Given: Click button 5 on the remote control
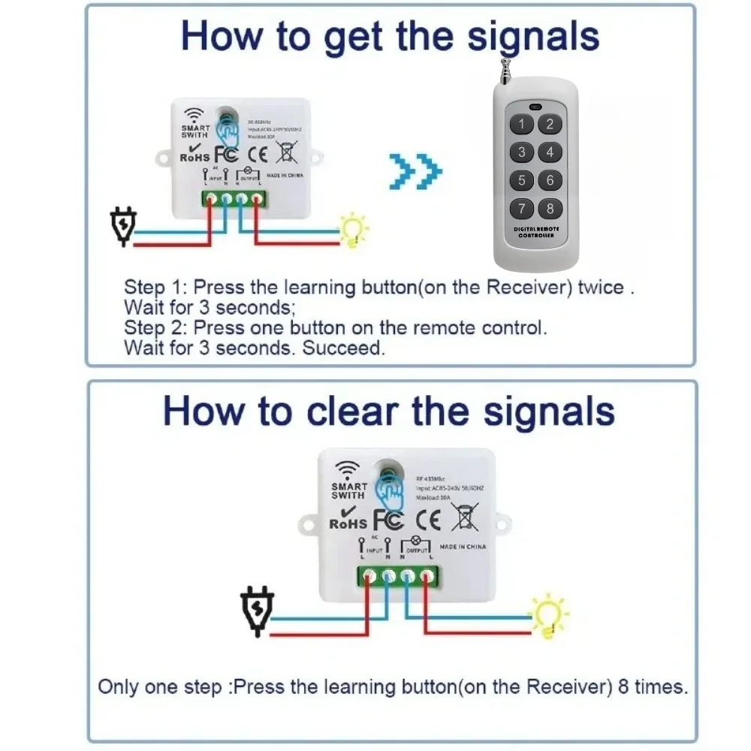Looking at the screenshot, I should [523, 180].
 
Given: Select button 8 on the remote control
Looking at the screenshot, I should [550, 209].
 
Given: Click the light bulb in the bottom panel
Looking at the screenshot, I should [547, 617].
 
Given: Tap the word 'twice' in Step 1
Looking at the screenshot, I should [601, 288].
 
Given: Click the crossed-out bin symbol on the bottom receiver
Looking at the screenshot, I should [465, 518].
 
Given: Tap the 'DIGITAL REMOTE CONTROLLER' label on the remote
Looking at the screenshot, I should [536, 231].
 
